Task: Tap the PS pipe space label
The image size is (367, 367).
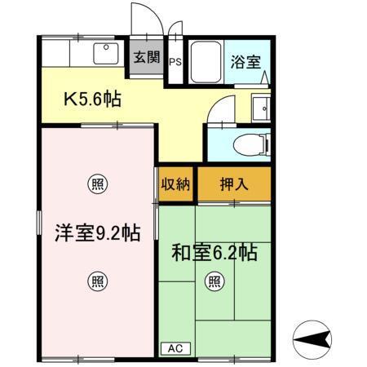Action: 175,61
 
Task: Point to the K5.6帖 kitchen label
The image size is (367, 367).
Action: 93,99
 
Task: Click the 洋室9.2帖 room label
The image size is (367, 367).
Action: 96,232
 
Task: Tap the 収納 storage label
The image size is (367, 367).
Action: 175,183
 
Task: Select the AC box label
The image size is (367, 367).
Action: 174,348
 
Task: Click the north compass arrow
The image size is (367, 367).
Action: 312,338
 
